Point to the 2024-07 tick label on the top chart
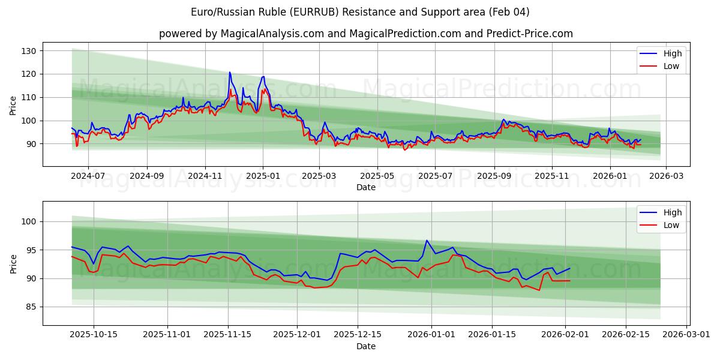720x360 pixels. pos(88,176)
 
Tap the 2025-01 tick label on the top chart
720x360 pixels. pos(263,176)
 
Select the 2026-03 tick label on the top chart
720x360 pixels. pos(667,176)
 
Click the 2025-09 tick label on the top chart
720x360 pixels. pos(494,176)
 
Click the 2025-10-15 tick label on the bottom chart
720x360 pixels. pos(93,335)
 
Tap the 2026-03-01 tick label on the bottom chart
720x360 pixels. pos(685,335)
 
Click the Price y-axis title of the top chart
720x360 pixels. pos(13,105)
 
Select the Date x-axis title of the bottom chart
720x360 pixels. pos(366,346)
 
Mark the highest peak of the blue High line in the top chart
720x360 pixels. pos(229,73)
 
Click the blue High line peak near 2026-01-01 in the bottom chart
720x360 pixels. pos(427,241)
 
